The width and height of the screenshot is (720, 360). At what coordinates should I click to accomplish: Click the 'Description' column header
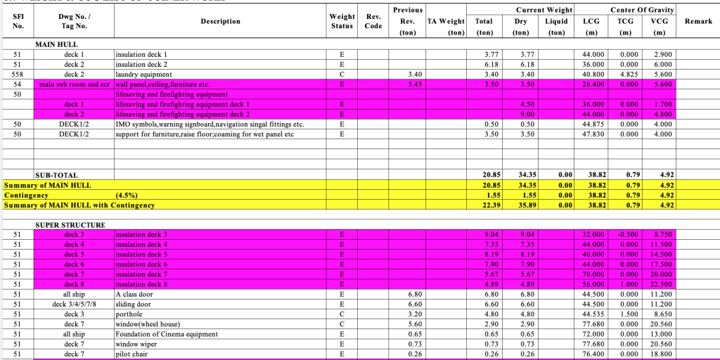click(x=220, y=22)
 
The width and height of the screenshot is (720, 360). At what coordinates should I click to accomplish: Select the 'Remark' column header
click(x=698, y=22)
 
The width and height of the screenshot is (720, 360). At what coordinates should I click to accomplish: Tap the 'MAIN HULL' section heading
click(x=56, y=44)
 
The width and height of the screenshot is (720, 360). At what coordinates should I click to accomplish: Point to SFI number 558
click(x=18, y=74)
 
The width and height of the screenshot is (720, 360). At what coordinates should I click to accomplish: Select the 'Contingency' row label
click(x=26, y=195)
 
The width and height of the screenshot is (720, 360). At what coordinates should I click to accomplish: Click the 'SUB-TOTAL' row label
click(x=56, y=175)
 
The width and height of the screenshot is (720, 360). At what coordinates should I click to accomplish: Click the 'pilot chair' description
click(x=134, y=354)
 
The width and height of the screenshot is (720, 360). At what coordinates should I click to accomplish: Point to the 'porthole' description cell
click(x=129, y=314)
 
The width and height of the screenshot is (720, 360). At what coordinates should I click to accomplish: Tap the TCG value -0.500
click(x=625, y=235)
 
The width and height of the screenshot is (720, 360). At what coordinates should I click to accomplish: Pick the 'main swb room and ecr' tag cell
click(x=75, y=84)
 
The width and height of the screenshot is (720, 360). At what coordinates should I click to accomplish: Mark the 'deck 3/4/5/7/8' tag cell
click(x=74, y=304)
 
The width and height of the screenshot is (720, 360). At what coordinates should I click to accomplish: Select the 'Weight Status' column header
click(x=342, y=22)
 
